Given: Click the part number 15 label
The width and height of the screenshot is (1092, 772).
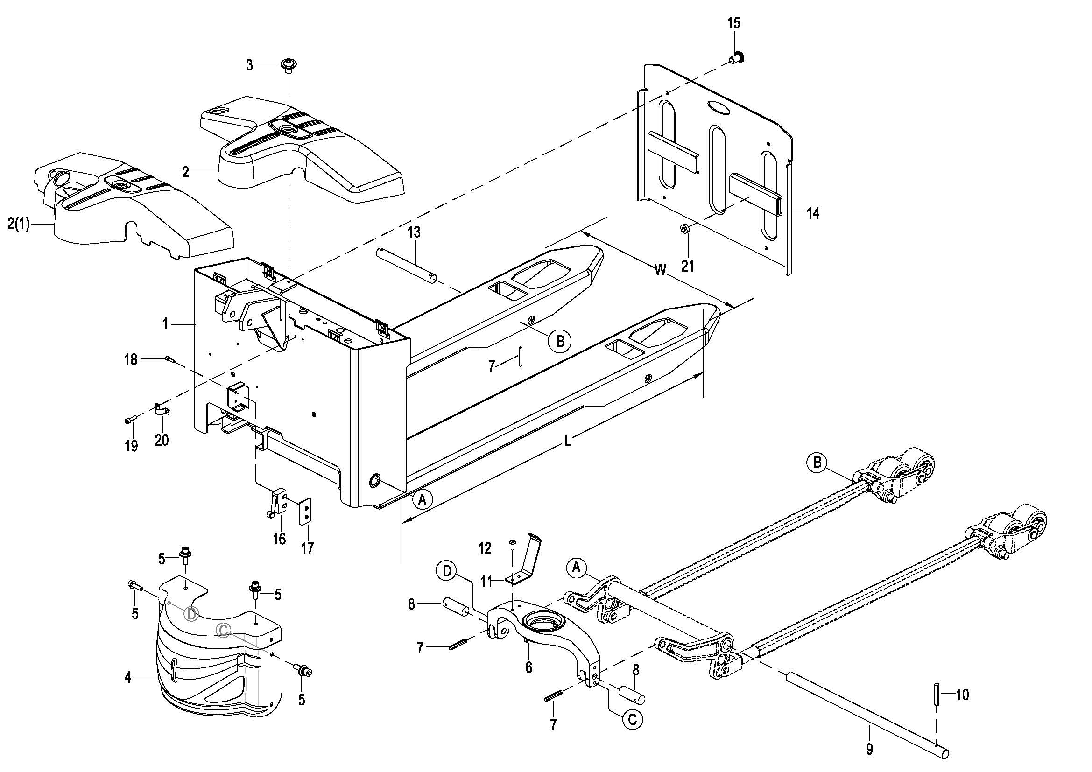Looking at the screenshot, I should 734,23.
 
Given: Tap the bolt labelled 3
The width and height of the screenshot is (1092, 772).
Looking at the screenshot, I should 287,65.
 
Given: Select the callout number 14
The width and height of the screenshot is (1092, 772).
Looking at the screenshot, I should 813,213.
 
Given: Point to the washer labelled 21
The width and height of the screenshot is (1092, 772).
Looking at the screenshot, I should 685,229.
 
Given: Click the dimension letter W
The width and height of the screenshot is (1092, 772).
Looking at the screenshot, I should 660,270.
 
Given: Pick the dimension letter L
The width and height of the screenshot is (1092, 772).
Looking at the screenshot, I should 567,441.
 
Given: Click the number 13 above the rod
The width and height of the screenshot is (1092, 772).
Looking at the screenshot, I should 414,232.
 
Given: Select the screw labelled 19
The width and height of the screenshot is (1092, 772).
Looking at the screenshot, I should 130,420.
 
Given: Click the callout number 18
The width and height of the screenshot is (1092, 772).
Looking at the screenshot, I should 131,359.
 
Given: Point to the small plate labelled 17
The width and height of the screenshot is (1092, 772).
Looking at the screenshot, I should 305,511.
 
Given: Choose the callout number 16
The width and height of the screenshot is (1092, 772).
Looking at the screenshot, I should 279,539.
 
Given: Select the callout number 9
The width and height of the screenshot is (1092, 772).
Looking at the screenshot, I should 869,750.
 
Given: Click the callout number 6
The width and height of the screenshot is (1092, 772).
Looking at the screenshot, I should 528,667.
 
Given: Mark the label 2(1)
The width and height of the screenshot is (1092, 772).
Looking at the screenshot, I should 19,224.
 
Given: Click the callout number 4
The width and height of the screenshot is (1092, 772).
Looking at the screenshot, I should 127,677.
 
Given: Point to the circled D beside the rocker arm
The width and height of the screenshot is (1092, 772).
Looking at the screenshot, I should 447,571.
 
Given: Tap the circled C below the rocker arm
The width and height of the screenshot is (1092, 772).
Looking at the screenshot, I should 632,720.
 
